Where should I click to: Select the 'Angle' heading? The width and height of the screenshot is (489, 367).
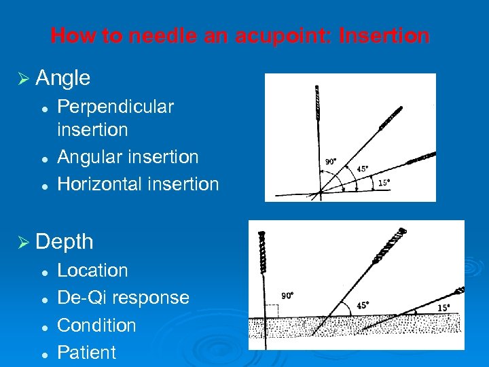point(62,78)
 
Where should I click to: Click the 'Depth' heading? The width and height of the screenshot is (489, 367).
point(64,241)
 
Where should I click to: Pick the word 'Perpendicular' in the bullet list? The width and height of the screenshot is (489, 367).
point(115,107)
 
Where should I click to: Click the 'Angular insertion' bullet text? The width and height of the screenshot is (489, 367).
point(128,157)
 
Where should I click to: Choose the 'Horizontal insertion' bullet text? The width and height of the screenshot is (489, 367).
point(138,184)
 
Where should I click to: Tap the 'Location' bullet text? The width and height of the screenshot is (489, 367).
point(92,270)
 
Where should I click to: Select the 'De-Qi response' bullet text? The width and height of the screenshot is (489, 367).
point(123,298)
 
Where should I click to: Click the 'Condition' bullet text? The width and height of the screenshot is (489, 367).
point(96,325)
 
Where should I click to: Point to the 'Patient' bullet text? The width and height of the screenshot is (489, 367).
point(86,352)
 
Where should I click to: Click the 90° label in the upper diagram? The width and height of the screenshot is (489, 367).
point(331,162)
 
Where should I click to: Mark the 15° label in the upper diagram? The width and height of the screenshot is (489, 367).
point(384,183)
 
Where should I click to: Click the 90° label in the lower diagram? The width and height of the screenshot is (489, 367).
point(287,296)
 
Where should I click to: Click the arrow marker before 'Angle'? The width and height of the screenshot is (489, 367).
point(24,79)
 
